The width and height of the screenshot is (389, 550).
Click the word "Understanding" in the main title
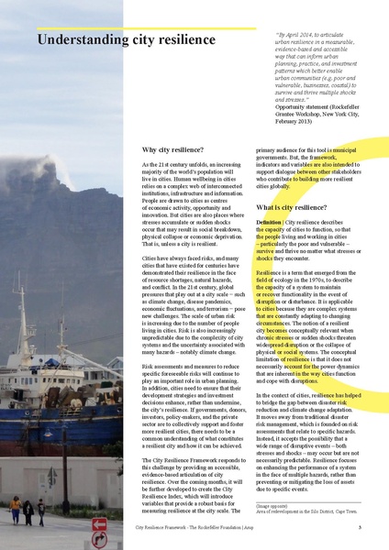click(x=83, y=39)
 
